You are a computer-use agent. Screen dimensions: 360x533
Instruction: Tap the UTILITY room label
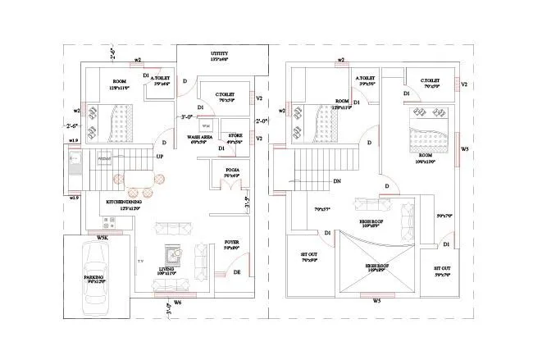click(196, 52)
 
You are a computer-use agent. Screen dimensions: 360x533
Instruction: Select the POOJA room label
click(231, 171)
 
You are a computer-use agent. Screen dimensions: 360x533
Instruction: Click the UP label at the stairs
click(160, 156)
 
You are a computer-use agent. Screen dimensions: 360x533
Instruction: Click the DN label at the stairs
click(337, 181)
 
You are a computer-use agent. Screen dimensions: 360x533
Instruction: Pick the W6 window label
click(178, 303)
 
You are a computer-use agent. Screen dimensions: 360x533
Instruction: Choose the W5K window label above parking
click(102, 238)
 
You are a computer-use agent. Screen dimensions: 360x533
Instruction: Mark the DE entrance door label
click(236, 271)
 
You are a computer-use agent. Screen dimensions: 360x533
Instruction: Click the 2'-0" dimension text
click(262, 121)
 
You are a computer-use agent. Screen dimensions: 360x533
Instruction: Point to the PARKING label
click(93, 278)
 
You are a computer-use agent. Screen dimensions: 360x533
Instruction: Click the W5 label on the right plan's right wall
click(465, 149)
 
